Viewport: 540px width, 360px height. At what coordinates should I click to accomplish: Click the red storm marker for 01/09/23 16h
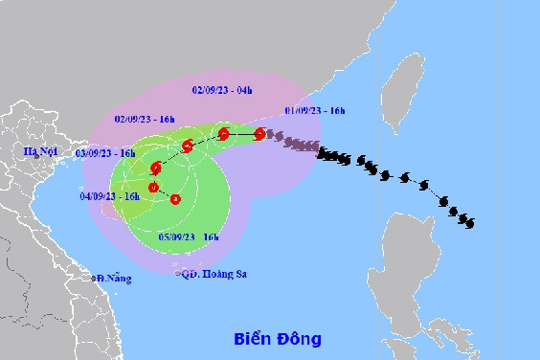coord(259,134)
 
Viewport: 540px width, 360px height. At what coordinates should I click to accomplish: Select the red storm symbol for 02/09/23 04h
coord(223,134)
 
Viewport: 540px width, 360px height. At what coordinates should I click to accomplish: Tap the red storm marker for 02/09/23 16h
coord(188,146)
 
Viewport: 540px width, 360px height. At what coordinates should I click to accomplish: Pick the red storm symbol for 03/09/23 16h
coord(155,168)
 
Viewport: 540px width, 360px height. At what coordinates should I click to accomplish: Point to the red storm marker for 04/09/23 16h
coord(152,186)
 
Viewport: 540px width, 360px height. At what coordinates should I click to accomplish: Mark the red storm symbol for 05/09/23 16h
coord(175,199)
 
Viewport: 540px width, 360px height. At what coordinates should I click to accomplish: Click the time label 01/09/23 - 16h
coord(315,110)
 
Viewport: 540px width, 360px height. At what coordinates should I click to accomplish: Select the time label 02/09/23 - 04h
coord(222,90)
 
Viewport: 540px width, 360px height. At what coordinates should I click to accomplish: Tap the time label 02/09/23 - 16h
coord(144,119)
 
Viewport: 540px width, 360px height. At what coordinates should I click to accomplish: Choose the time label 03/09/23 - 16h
coord(107,153)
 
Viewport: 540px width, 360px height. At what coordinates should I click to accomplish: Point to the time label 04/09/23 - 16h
coord(110,196)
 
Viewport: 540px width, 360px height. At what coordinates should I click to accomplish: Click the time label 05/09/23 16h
coord(189,236)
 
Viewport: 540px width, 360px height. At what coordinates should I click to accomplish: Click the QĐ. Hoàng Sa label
coord(213,274)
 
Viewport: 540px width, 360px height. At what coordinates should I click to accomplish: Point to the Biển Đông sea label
coord(278,339)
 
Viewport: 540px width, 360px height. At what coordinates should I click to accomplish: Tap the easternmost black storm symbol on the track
coord(467,222)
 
